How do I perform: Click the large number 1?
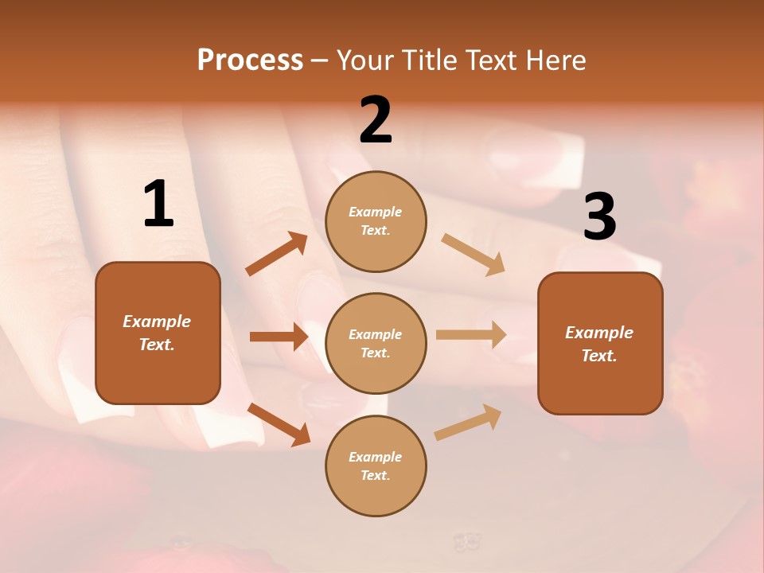point(158,204)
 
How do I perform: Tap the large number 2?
point(376,119)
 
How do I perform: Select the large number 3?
point(599,216)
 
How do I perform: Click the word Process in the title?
point(250,60)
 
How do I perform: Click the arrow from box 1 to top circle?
point(277,254)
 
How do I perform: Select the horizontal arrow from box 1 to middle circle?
point(279,337)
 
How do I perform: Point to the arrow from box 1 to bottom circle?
point(279,423)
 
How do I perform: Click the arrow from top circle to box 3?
point(473,255)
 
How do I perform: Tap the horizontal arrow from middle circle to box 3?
point(471,335)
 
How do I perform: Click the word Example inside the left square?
point(157,322)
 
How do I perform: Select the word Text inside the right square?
point(599,356)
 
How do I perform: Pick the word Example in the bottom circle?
point(376,457)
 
